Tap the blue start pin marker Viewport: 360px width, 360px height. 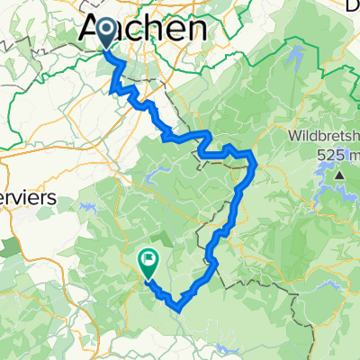[105, 34]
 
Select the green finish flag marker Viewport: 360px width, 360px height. [148, 261]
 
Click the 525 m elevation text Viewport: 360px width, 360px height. [337, 154]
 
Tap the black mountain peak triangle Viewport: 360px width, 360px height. [340, 174]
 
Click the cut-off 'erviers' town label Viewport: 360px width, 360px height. [28, 197]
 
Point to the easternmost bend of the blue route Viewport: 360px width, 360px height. [256, 163]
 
